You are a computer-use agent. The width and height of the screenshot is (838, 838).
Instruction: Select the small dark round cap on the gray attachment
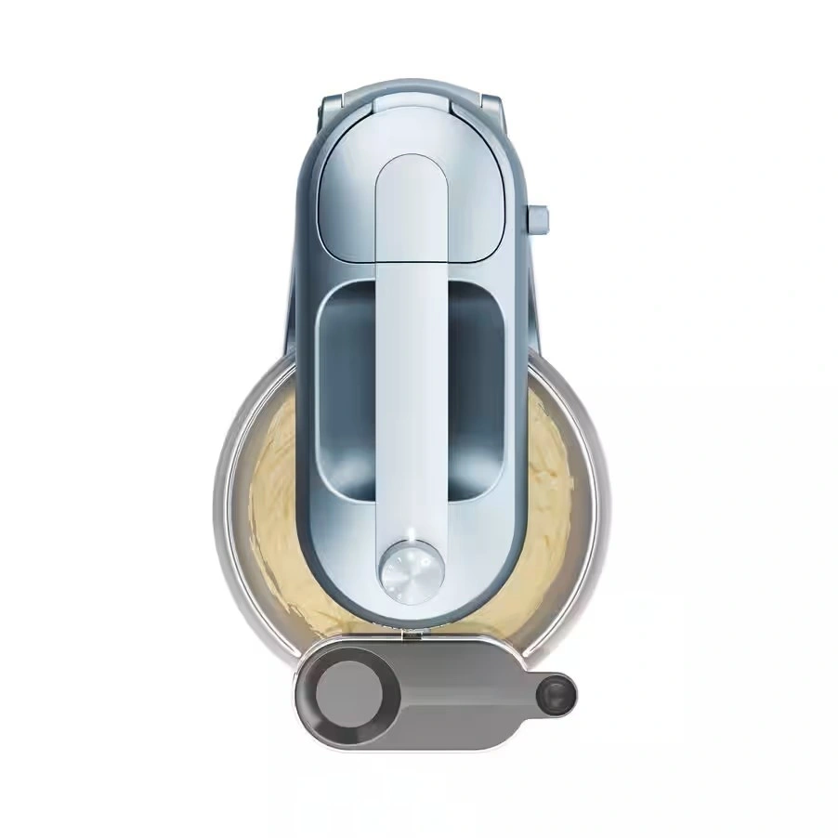click(558, 694)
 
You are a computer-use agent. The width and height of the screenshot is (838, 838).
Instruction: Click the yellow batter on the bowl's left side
click(274, 483)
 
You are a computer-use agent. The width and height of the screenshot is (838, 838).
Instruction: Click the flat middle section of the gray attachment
click(455, 692)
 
